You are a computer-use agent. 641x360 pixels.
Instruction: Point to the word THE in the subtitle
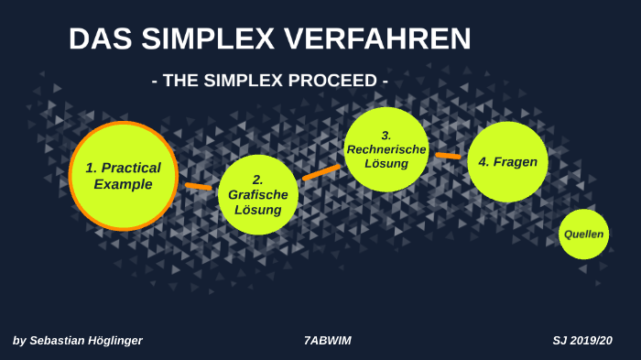[182, 81]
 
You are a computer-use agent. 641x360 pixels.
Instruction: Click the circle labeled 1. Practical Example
[123, 176]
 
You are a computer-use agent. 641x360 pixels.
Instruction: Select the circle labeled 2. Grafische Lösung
[258, 194]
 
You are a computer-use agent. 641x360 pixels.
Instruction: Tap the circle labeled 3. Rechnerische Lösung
[386, 149]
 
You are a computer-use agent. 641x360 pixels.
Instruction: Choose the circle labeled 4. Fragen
[507, 162]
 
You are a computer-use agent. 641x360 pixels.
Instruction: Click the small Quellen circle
[583, 234]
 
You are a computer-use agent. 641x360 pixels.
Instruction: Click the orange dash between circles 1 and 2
[198, 186]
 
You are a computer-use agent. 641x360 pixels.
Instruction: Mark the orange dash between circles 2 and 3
[320, 171]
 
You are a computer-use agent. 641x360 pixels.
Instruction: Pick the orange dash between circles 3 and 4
[448, 156]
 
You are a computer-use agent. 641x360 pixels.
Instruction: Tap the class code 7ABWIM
[328, 341]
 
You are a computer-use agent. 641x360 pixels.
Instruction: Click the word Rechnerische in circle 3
[386, 149]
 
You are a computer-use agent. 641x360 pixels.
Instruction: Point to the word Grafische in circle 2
[258, 194]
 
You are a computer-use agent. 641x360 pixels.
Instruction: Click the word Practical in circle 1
[130, 168]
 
